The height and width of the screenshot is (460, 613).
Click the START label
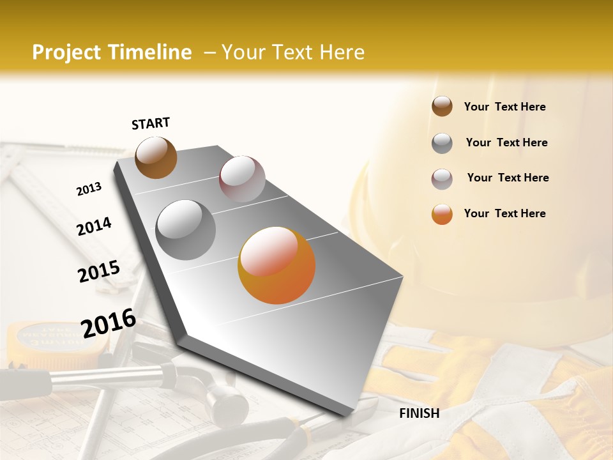151,123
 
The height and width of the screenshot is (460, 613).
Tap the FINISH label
420,413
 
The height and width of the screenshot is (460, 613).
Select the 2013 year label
89,189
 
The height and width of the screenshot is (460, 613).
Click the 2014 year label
94,226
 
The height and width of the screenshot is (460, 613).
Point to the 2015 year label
99,272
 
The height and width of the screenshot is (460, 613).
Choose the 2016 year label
109,323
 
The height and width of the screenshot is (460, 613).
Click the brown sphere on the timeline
156,157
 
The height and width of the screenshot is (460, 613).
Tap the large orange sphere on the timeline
276,265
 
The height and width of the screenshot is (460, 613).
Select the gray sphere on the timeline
186,230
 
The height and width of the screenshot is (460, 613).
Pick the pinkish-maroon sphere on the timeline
242,179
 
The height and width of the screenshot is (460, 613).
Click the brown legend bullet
442,107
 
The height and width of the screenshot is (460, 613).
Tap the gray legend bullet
442,143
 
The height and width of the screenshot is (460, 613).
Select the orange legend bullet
442,214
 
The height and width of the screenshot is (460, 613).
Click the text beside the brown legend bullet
504,107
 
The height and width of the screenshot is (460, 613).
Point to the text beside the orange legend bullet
504,213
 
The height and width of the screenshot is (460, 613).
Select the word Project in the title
67,52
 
